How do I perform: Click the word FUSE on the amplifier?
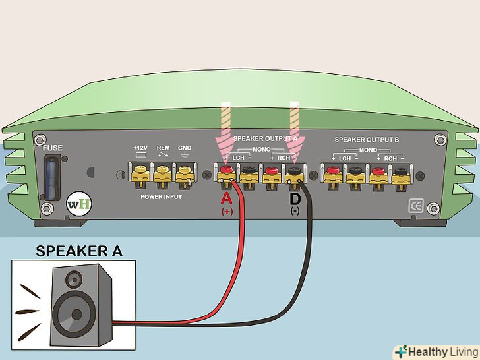(x=53, y=148)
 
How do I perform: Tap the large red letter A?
(x=226, y=199)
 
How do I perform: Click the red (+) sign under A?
(x=226, y=213)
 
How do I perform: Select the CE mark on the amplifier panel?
(x=416, y=204)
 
